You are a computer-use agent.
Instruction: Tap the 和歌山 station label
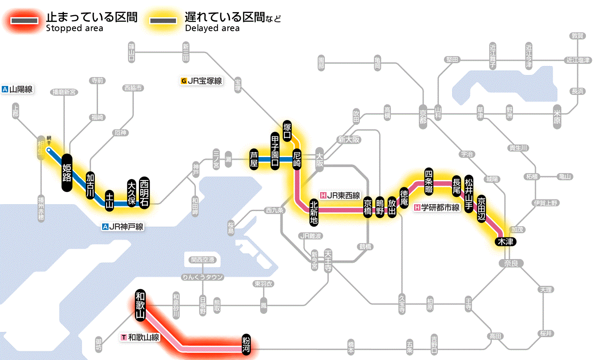(140, 305)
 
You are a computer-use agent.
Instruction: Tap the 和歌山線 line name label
(141, 337)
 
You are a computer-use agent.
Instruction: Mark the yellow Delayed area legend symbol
(163, 21)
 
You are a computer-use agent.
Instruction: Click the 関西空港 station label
(203, 260)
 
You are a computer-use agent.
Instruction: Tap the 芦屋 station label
(254, 159)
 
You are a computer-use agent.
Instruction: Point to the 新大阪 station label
(349, 140)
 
